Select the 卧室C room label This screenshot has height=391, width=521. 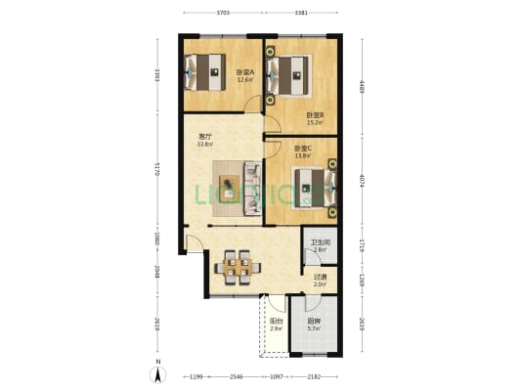(302, 152)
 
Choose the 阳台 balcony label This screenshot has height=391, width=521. (277, 324)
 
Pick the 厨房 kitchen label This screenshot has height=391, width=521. (314, 324)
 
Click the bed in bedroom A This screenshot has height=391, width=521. (207, 70)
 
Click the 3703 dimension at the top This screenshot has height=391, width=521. (222, 13)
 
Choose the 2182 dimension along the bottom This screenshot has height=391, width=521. (313, 376)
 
